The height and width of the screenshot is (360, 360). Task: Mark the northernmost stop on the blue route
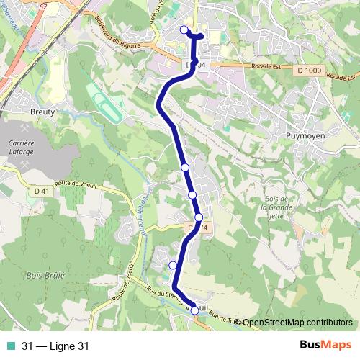point(184,30)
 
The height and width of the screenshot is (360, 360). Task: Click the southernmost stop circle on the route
point(194,310)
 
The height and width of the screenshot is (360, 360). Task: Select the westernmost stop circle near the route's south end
point(173,266)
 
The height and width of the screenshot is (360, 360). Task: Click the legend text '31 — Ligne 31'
point(55,346)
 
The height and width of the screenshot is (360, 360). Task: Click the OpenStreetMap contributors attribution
point(297,322)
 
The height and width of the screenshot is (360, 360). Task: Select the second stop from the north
point(185,167)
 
